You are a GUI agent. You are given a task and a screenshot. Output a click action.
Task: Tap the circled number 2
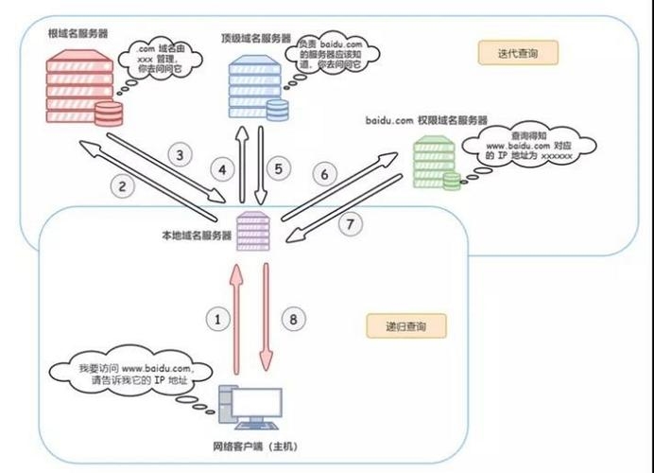123,186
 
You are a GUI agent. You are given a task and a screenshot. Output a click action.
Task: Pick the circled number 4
221,170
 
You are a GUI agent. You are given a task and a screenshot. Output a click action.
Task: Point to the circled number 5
278,169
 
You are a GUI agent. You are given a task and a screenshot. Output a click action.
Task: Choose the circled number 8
294,319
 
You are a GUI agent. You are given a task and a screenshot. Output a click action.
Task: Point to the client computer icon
250,411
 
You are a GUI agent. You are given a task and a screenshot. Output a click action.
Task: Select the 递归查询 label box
406,327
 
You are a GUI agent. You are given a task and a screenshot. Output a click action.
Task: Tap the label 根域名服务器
77,33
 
